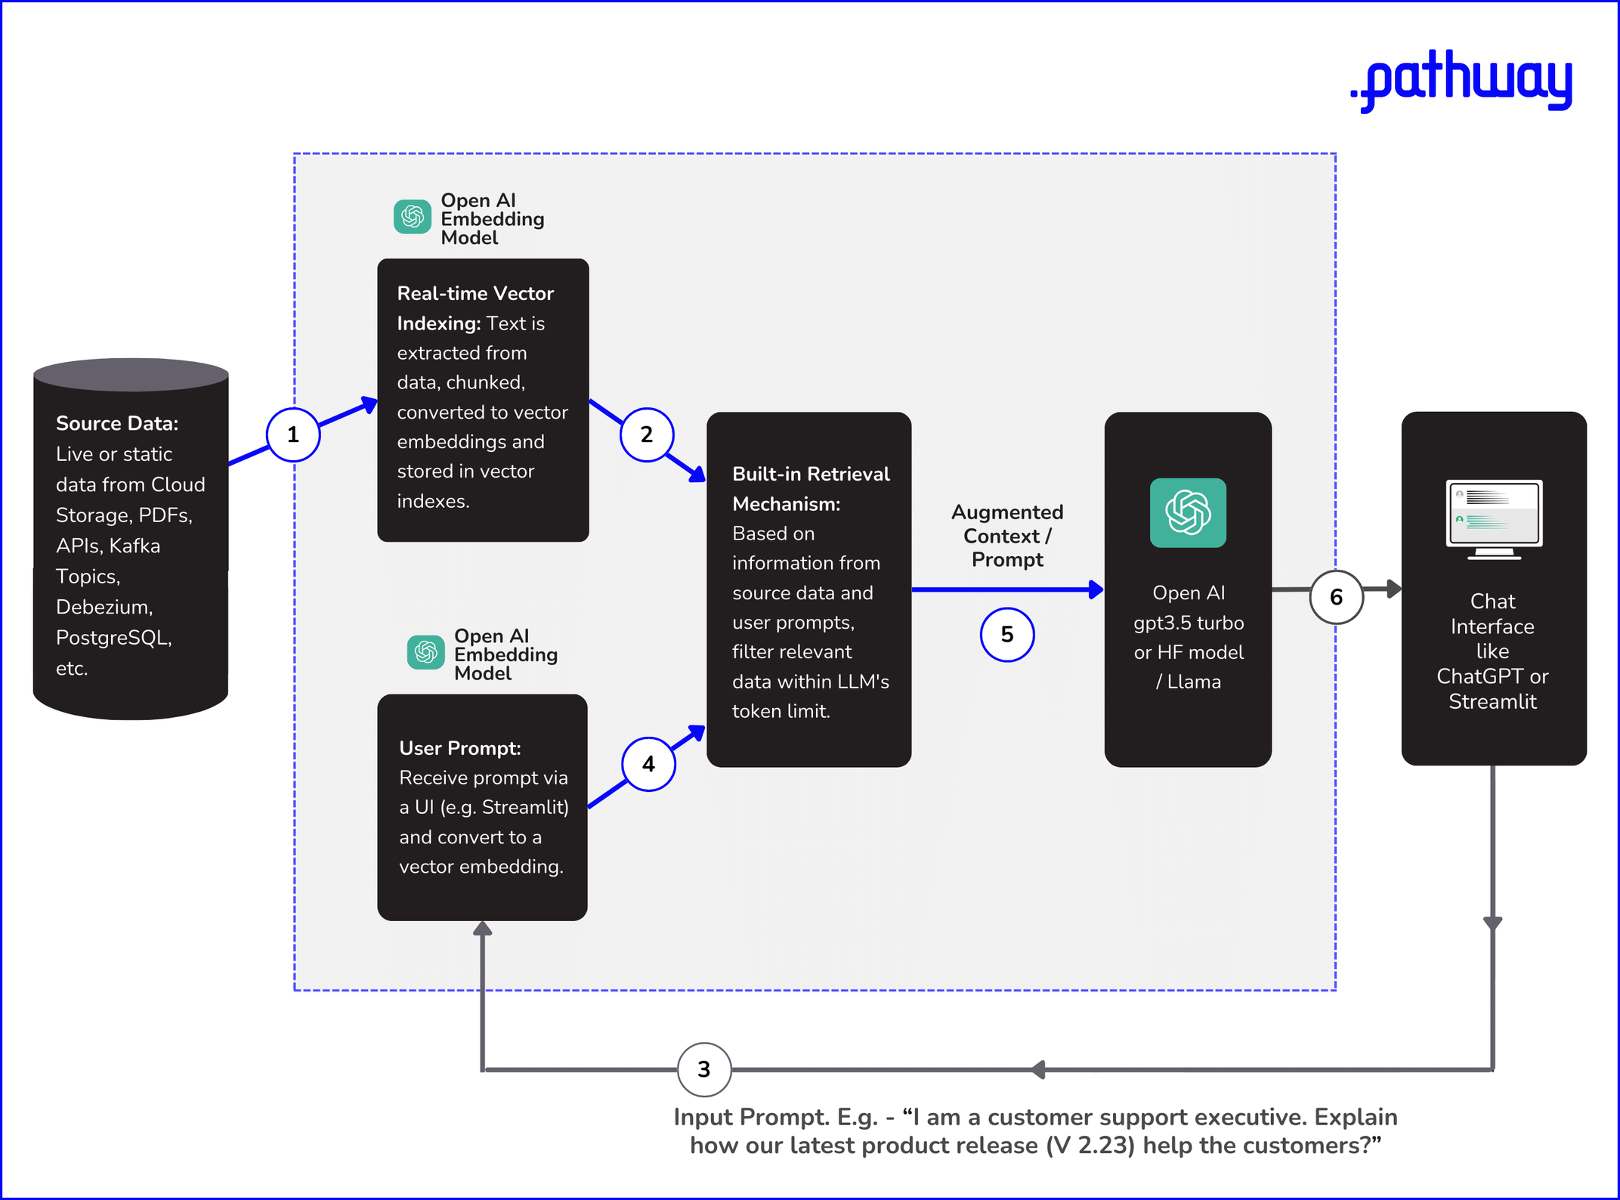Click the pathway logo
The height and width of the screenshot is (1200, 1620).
point(1461,80)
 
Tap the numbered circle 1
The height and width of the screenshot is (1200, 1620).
point(293,435)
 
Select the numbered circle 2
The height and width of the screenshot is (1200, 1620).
point(647,435)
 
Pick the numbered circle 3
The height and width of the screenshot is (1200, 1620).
point(704,1069)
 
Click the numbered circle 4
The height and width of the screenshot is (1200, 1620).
point(648,764)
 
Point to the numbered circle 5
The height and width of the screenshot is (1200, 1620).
point(1007,635)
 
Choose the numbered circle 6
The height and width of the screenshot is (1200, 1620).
point(1336,597)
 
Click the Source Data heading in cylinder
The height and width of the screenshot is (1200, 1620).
point(117,423)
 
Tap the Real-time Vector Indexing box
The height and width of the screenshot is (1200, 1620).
point(483,401)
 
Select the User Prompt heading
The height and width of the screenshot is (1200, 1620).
point(459,748)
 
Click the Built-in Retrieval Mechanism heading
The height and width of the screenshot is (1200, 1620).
point(810,488)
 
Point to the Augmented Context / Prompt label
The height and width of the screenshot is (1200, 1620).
point(1007,536)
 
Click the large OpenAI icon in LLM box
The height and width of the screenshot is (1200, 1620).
point(1188,512)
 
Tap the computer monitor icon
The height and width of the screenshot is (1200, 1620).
point(1494,518)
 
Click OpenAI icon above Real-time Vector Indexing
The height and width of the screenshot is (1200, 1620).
point(413,218)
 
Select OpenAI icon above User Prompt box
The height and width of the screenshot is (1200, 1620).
point(426,652)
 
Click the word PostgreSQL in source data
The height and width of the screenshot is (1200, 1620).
point(113,638)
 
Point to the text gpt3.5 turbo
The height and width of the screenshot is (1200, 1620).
point(1188,623)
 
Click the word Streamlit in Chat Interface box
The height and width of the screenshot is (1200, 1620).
point(1492,701)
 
